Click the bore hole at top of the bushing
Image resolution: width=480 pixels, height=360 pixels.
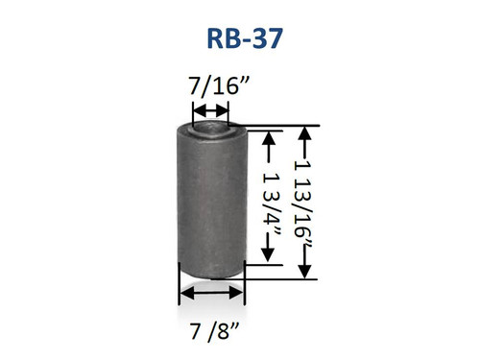[211, 126]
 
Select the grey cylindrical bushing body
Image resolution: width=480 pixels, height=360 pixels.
[211, 202]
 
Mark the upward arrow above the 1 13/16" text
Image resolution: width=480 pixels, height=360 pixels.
[305, 139]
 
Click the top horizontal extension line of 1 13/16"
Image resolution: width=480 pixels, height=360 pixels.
[278, 126]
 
